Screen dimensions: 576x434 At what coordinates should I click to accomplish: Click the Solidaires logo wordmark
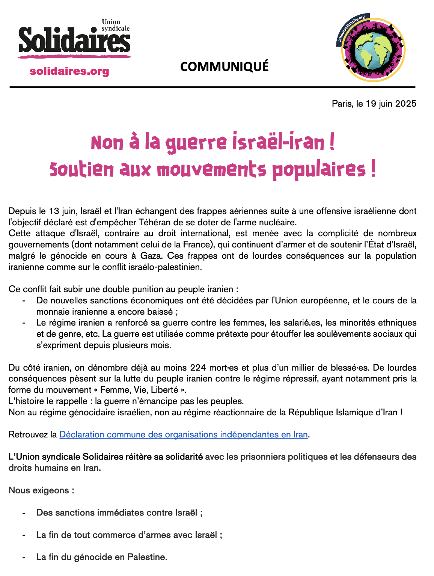point(74,41)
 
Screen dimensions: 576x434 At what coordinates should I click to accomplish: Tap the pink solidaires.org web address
point(69,71)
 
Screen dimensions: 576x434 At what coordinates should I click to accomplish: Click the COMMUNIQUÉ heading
point(224,66)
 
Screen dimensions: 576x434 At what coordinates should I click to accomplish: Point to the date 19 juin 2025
point(391,104)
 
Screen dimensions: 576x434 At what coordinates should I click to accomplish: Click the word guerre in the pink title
point(196,143)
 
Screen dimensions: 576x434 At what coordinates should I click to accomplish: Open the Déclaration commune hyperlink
point(184,434)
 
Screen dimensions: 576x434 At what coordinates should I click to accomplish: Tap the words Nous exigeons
point(41,490)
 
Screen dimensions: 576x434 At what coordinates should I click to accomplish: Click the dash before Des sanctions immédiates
point(24,513)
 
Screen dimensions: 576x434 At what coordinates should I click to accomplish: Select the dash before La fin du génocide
point(24,557)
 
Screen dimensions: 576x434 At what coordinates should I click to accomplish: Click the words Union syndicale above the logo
point(115,25)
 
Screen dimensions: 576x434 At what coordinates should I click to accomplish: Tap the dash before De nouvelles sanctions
point(24,300)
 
